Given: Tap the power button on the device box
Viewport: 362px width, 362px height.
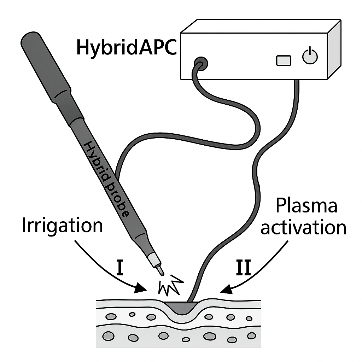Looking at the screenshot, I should [x=310, y=57].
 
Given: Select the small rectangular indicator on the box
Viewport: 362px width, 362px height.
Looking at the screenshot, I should [x=284, y=60].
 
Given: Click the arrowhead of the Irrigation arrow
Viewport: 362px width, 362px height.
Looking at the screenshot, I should [x=141, y=288].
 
